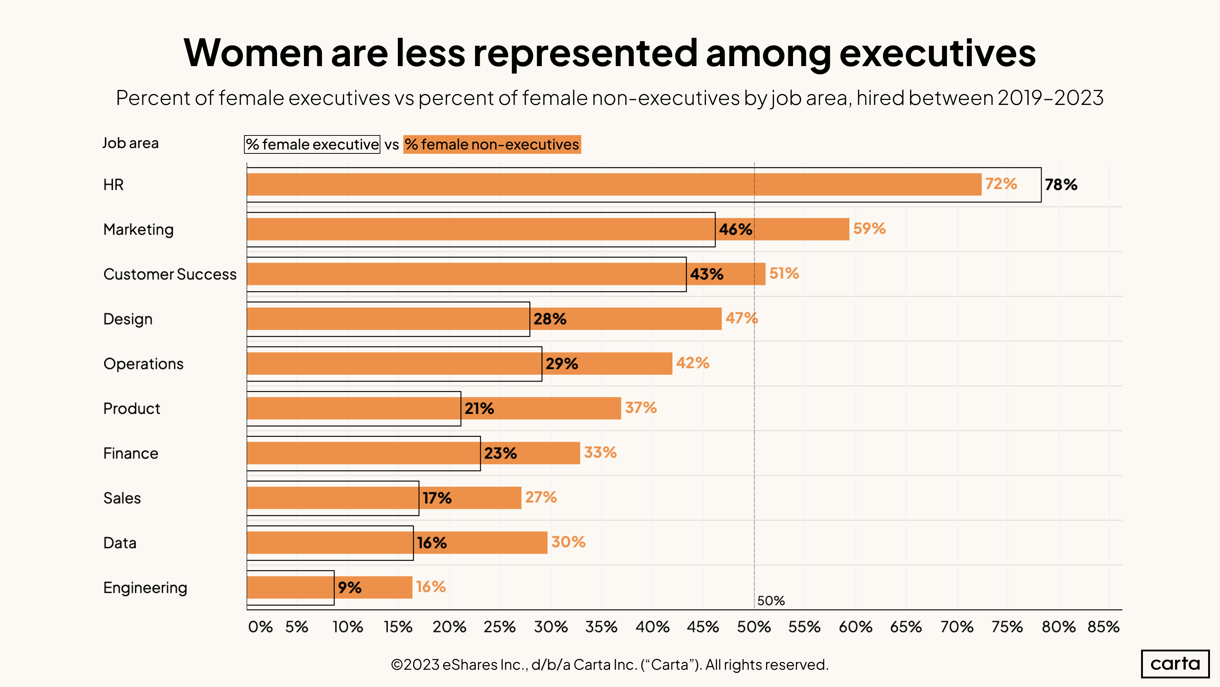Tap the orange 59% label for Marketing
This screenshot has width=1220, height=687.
tap(869, 229)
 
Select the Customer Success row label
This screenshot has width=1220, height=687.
tap(170, 274)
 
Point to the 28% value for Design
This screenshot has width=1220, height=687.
tap(550, 319)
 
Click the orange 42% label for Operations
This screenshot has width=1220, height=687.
tap(693, 363)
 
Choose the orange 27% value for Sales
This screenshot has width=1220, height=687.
tap(541, 497)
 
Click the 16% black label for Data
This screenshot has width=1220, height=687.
tap(431, 543)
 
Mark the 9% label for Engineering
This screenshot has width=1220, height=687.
tap(349, 587)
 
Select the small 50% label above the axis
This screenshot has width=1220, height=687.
tap(770, 601)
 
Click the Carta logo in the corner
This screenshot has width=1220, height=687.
tap(1175, 663)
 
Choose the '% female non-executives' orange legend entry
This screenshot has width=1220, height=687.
tap(492, 144)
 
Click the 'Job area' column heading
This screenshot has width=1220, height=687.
tap(130, 143)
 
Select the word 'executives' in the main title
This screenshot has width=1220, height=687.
tap(937, 53)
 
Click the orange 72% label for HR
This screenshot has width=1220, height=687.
tap(1001, 184)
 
